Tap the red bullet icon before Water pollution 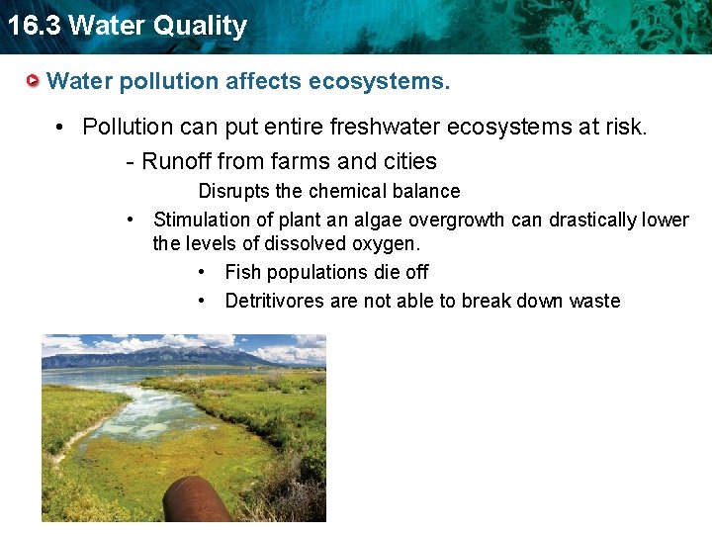tap(35, 80)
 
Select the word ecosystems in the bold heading tap(379, 81)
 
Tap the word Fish tap(242, 272)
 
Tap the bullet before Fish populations tap(202, 272)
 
